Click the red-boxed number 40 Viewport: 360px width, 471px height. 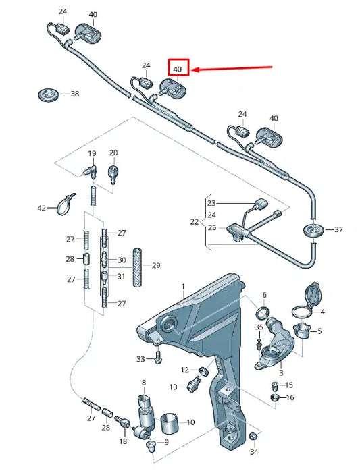click(178, 69)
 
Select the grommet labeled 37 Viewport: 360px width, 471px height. click(312, 229)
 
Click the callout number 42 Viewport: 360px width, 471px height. click(42, 208)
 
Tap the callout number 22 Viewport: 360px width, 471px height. click(194, 221)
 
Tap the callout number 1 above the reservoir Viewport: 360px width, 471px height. click(182, 287)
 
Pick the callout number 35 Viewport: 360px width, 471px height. click(259, 327)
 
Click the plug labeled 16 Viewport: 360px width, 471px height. click(275, 397)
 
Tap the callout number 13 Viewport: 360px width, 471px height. click(173, 387)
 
